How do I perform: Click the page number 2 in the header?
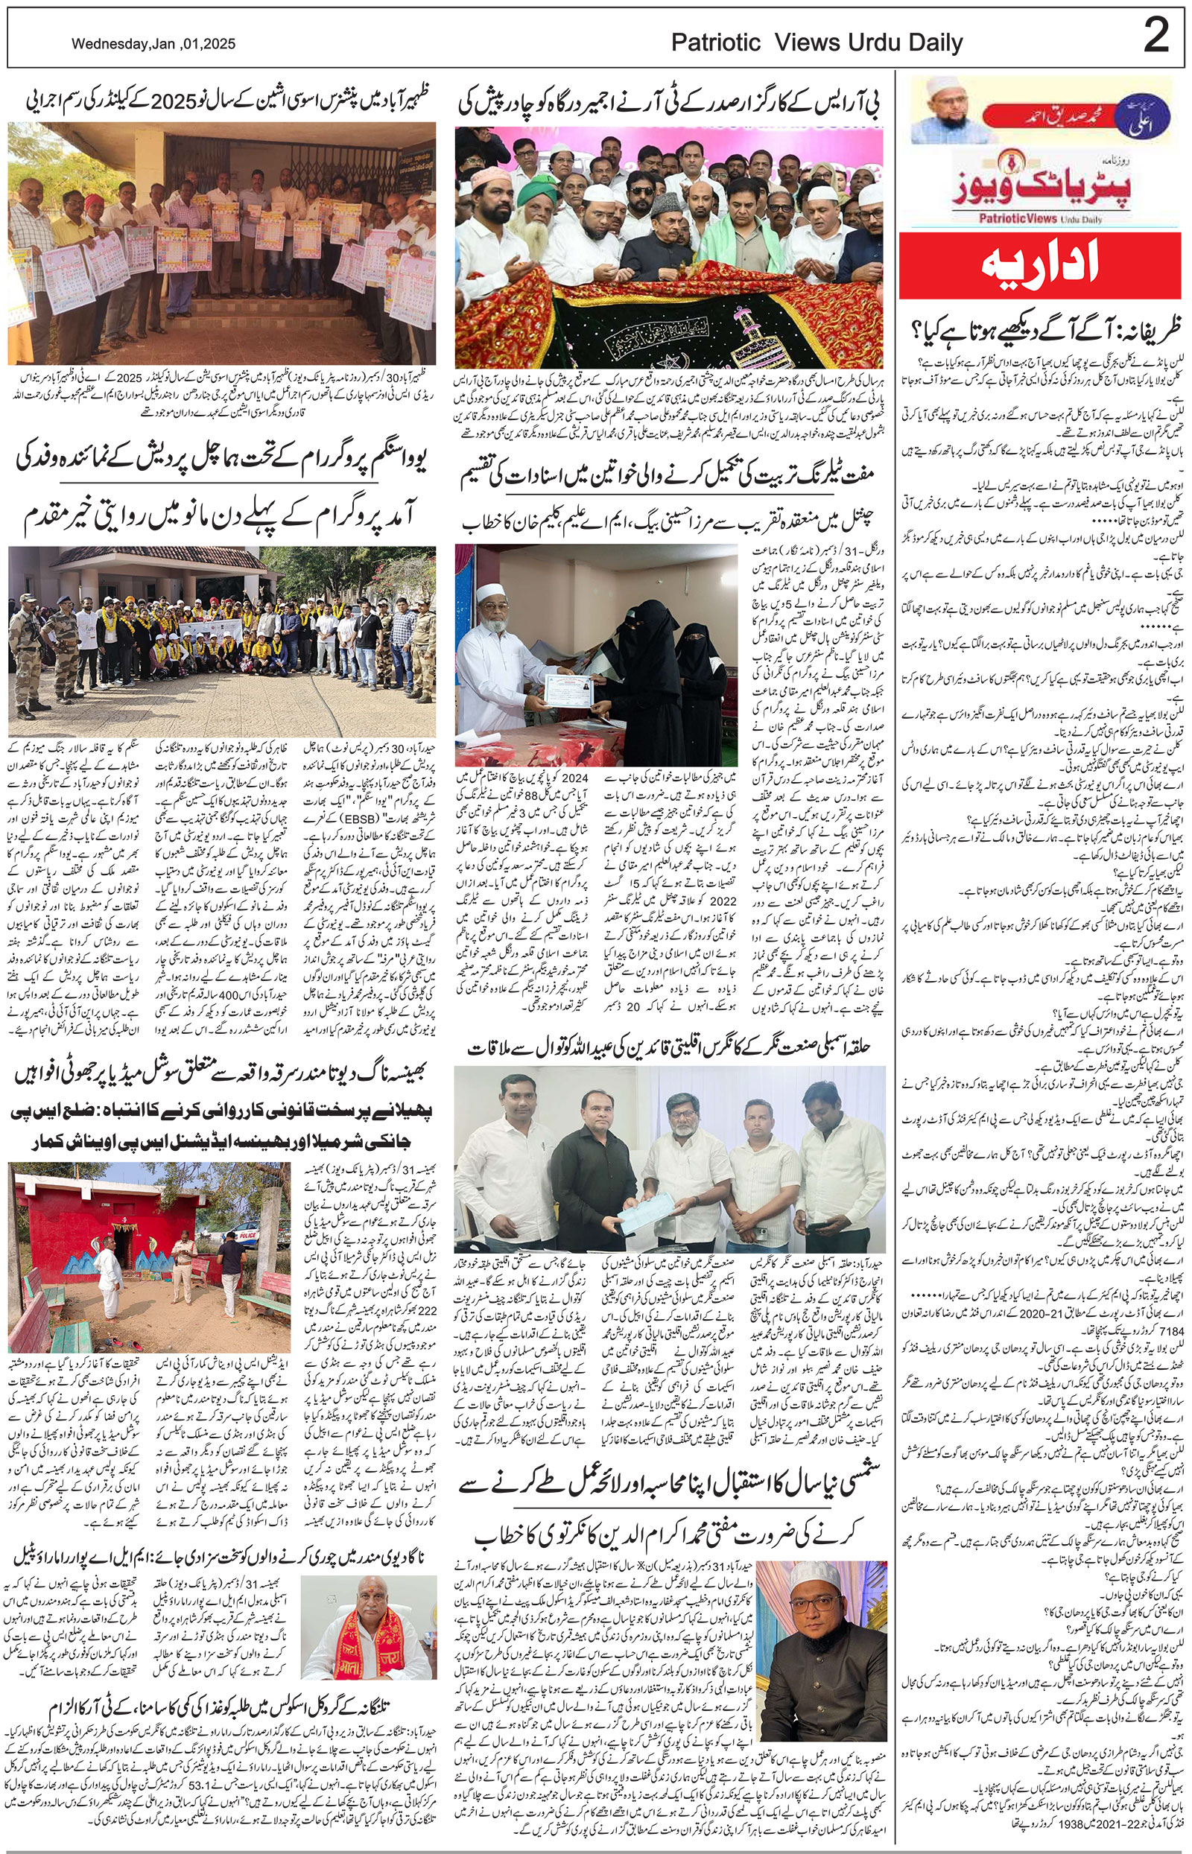point(1155,37)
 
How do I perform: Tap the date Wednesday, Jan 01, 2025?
point(154,45)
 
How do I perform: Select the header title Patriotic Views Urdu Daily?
point(817,43)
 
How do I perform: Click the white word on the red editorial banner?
point(1040,264)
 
